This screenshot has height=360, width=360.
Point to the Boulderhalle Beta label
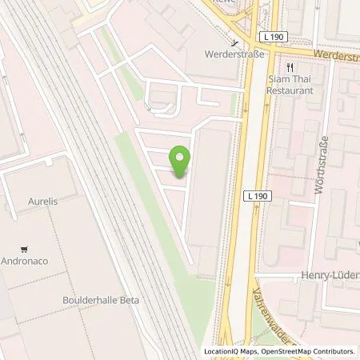coord(96,300)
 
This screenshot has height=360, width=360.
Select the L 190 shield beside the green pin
coord(257,195)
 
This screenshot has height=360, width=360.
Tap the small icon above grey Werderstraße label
coord(234,43)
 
